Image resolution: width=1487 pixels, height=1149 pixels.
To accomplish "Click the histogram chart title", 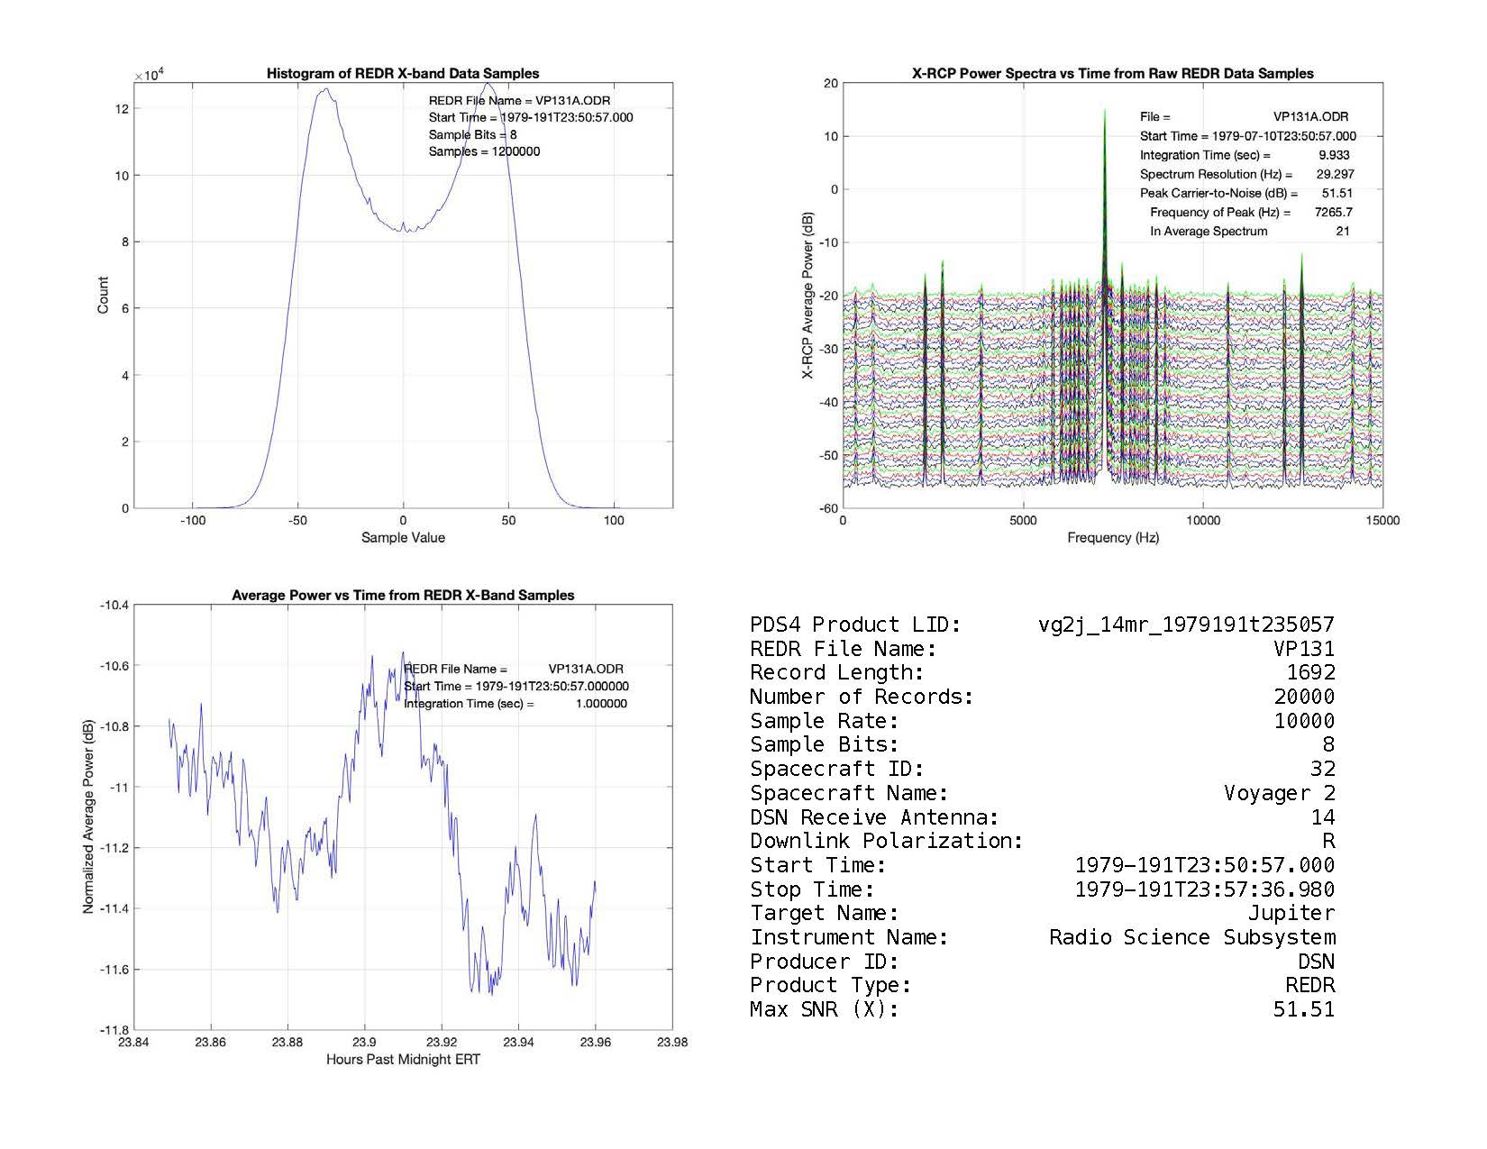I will [x=403, y=74].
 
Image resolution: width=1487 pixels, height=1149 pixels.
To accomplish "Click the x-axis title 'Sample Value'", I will [x=403, y=538].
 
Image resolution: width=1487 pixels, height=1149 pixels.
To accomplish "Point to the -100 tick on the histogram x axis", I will [x=192, y=521].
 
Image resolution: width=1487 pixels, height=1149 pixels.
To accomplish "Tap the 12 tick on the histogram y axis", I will [x=123, y=109].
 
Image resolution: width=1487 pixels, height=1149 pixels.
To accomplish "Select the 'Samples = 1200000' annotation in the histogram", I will [x=484, y=151].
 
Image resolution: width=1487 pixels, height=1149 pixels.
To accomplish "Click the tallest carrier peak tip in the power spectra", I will [x=1104, y=111].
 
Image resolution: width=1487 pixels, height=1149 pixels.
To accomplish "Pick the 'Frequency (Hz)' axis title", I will [x=1113, y=538].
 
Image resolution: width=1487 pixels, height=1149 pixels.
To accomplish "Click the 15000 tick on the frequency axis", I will [x=1382, y=521].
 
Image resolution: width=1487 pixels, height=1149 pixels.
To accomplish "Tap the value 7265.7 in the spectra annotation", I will [x=1334, y=213].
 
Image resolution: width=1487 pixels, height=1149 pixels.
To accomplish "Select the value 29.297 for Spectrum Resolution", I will [x=1335, y=175].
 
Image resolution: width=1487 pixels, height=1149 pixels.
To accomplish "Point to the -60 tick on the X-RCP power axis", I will [x=828, y=508].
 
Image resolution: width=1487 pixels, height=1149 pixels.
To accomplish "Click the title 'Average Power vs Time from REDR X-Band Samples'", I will [x=403, y=596].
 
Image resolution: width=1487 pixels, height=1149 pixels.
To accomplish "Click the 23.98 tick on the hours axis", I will [x=672, y=1043].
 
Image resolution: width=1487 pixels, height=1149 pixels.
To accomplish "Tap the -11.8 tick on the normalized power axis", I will [x=114, y=1030].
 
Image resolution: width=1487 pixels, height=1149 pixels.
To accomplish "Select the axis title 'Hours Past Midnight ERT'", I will [x=403, y=1060].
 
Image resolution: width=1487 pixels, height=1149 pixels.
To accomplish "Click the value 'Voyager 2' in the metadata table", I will [x=1279, y=794].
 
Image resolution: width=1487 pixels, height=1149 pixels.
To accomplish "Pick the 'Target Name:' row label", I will [x=824, y=914].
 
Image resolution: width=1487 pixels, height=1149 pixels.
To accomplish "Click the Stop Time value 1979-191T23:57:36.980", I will [x=1205, y=890].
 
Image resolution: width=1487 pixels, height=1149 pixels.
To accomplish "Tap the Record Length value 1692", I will [x=1310, y=673].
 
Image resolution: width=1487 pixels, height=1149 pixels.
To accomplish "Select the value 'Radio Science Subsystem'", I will [x=1191, y=938].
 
